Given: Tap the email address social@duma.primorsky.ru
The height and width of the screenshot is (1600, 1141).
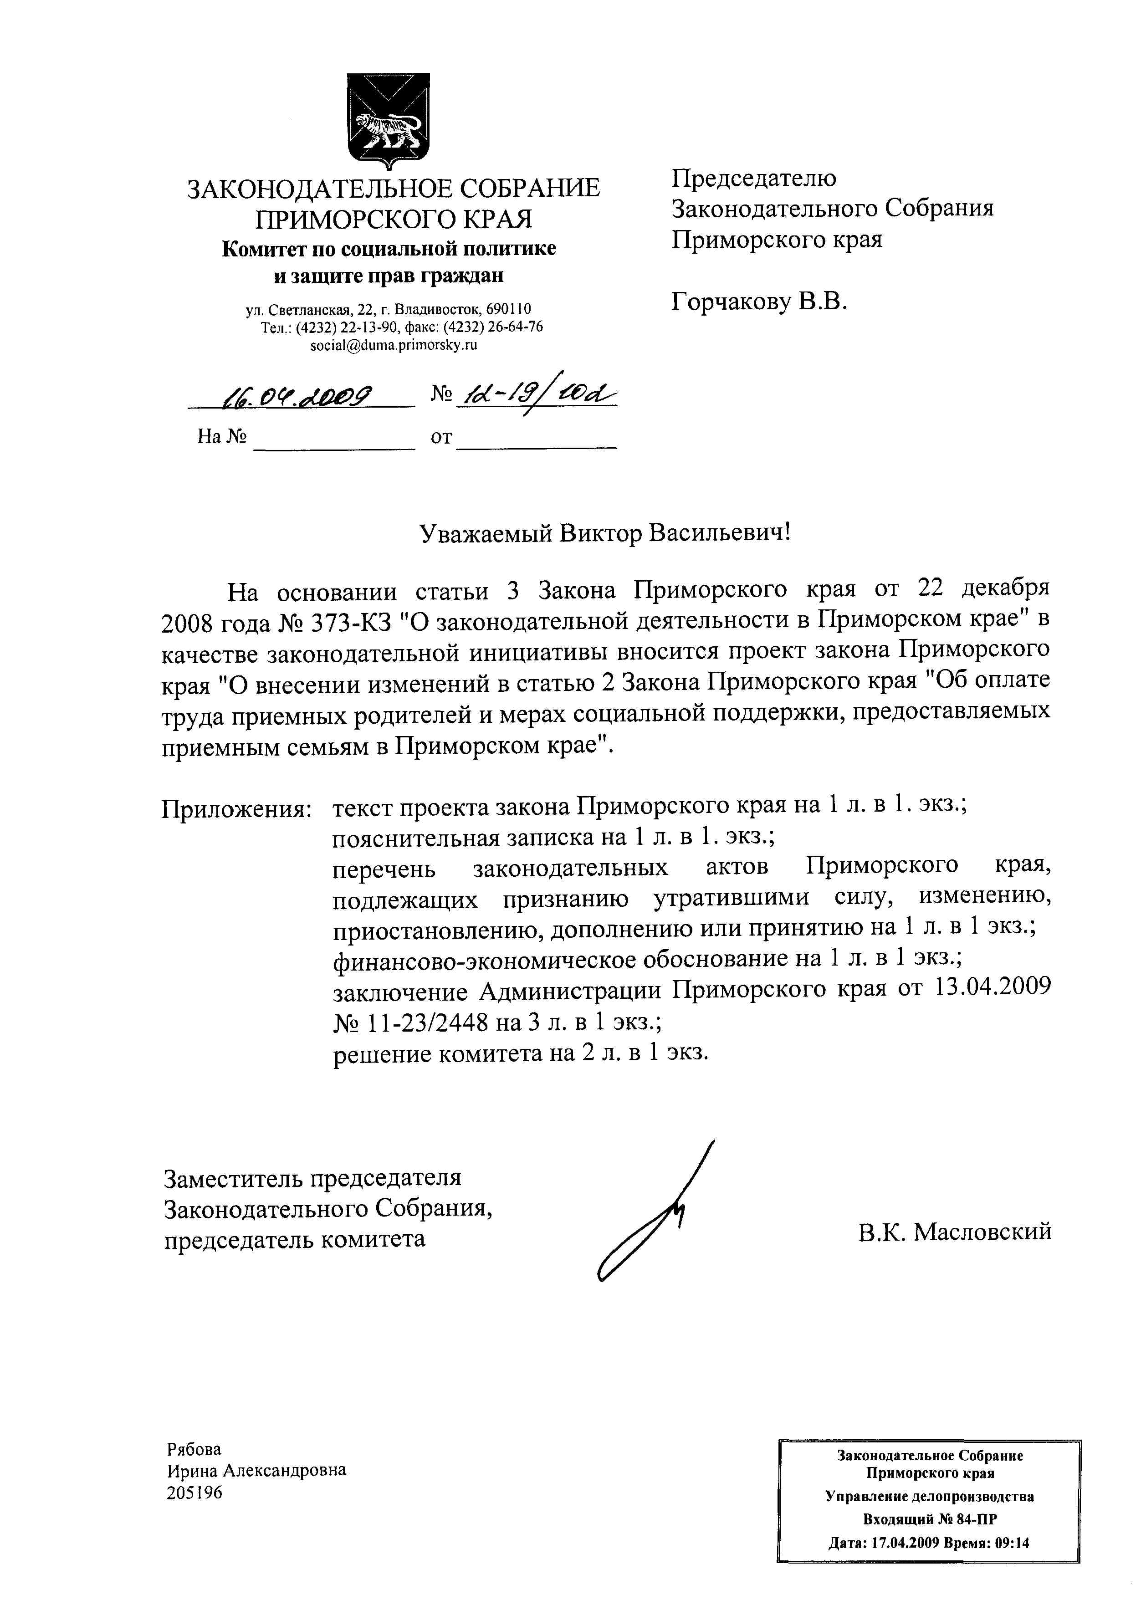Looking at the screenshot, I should tap(394, 345).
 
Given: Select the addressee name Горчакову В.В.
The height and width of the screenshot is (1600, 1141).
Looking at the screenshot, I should tap(759, 302).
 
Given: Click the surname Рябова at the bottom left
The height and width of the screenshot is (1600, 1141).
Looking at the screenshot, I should tap(194, 1449).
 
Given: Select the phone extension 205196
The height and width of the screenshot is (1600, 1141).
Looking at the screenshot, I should tap(194, 1492).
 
